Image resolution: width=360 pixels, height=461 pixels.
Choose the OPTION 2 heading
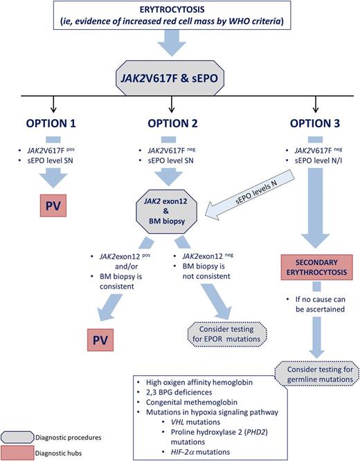point(172,125)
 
